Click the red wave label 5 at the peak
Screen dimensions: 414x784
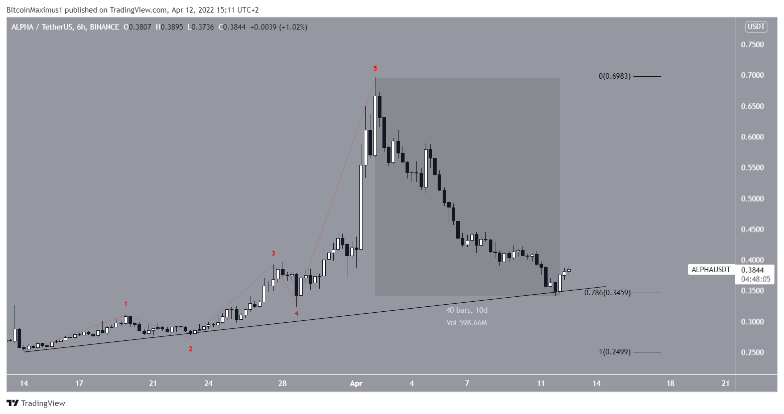click(375, 68)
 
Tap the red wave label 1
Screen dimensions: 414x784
click(125, 304)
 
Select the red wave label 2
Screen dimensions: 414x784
click(190, 349)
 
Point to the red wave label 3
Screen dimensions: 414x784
click(273, 253)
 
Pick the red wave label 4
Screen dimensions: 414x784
click(297, 313)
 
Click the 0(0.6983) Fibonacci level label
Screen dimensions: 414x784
click(614, 76)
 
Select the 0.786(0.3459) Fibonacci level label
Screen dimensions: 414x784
click(607, 293)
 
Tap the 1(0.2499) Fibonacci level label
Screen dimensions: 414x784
click(614, 352)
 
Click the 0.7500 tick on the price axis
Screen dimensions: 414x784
click(752, 45)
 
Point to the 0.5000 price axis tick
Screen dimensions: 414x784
click(752, 198)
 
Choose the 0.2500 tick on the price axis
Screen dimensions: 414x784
click(752, 352)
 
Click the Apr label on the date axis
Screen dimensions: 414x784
click(356, 383)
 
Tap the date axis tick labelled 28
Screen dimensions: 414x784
click(283, 383)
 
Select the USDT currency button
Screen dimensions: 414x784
click(756, 27)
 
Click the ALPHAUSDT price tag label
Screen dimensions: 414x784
click(711, 270)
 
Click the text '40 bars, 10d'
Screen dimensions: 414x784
click(467, 310)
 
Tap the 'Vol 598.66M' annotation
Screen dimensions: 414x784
click(467, 323)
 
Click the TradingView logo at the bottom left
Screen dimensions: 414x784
click(36, 403)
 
